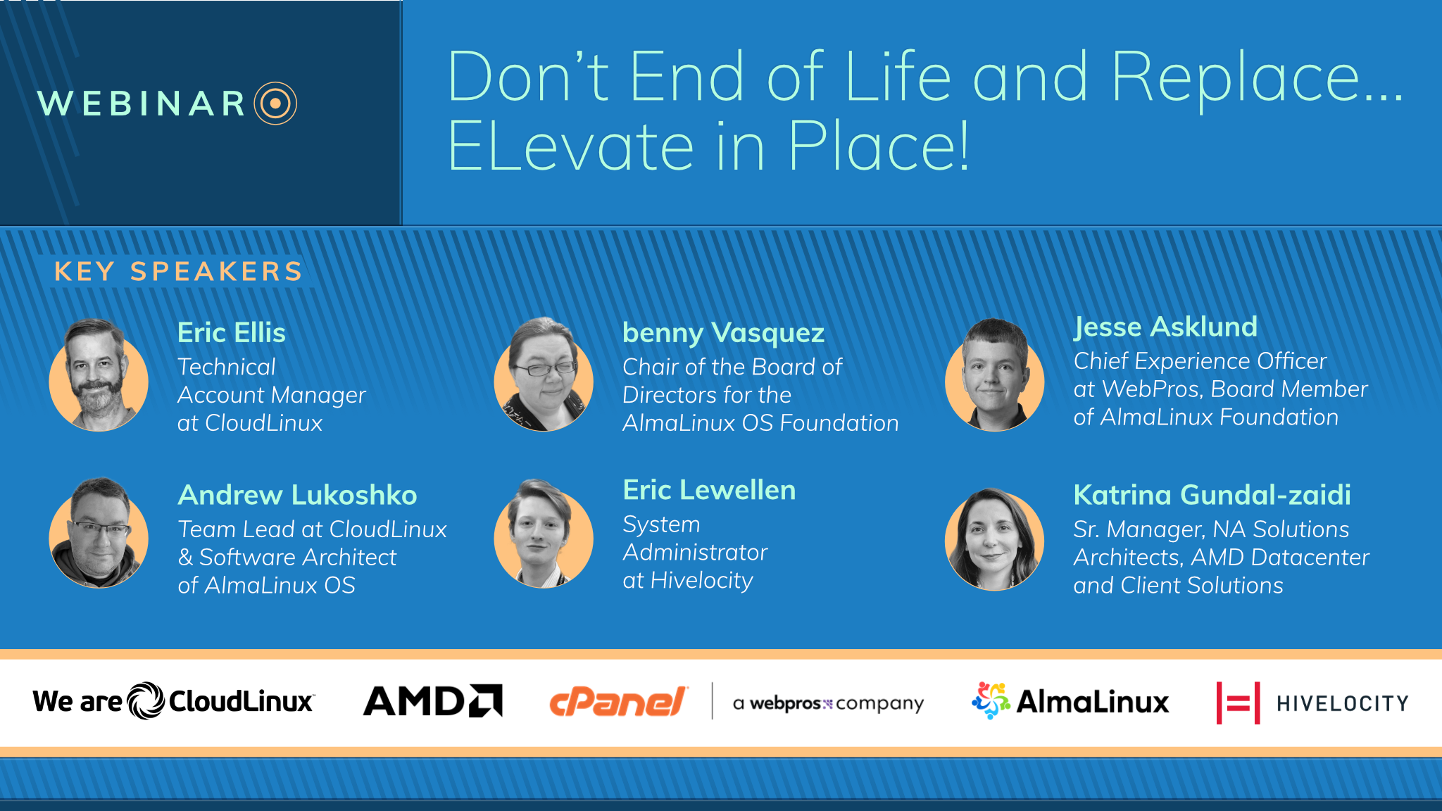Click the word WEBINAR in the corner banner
click(x=142, y=103)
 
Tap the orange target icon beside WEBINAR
click(x=275, y=103)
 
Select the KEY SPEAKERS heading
click(x=179, y=271)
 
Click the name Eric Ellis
click(x=232, y=332)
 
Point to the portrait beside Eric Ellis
click(x=99, y=375)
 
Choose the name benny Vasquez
click(x=723, y=333)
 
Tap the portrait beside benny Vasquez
click(x=544, y=375)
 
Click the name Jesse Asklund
click(x=1165, y=327)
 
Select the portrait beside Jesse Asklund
click(x=994, y=375)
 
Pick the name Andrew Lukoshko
click(x=297, y=495)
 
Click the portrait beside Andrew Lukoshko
click(x=99, y=533)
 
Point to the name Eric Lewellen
click(x=709, y=490)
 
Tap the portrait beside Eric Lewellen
click(x=544, y=533)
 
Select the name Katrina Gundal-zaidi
click(x=1212, y=495)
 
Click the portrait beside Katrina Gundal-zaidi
click(x=994, y=539)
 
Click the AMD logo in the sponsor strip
click(x=432, y=700)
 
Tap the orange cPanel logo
click(x=617, y=702)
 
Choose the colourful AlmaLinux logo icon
click(x=991, y=700)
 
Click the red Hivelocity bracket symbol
click(x=1238, y=703)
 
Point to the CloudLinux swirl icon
click(x=146, y=700)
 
